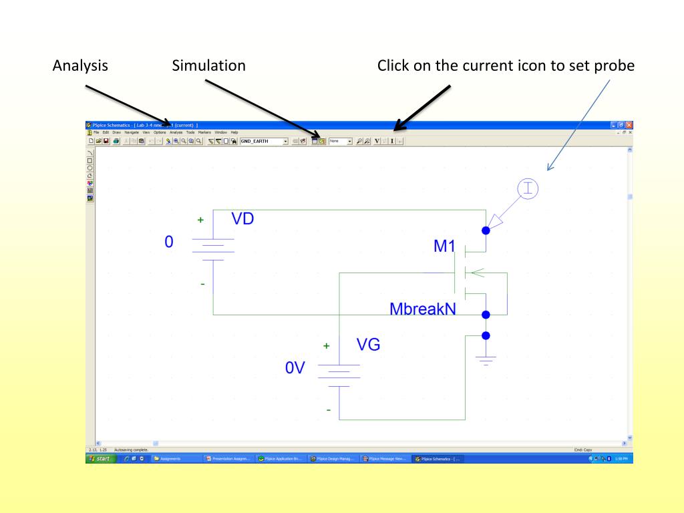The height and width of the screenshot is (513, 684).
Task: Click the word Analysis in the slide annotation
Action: coord(80,66)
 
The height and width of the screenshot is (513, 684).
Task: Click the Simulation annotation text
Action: coord(208,66)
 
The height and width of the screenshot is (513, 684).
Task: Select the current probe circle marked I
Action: coord(528,189)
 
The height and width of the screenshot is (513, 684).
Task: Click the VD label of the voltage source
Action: coord(242,219)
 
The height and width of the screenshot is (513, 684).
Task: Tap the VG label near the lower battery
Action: coord(368,345)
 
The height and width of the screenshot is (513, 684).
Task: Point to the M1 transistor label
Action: coord(444,247)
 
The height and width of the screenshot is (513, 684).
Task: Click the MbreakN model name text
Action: coord(423,309)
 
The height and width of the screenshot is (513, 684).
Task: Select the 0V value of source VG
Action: coord(295,369)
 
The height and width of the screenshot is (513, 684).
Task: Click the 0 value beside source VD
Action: coord(169,242)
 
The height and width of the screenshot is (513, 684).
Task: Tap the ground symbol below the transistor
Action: coord(486,359)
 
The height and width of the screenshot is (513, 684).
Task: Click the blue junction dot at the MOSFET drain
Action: coord(486,230)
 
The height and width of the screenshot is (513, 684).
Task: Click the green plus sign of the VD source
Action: coord(200,220)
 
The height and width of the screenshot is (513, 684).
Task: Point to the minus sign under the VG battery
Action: coord(328,409)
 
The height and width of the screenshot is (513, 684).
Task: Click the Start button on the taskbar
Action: coord(102,459)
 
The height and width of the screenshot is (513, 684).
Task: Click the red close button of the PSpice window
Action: coord(629,126)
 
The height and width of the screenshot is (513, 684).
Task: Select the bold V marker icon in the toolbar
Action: coord(377,142)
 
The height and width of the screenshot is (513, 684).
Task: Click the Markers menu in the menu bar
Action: coord(204,132)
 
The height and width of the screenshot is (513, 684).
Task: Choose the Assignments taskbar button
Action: coord(175,459)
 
